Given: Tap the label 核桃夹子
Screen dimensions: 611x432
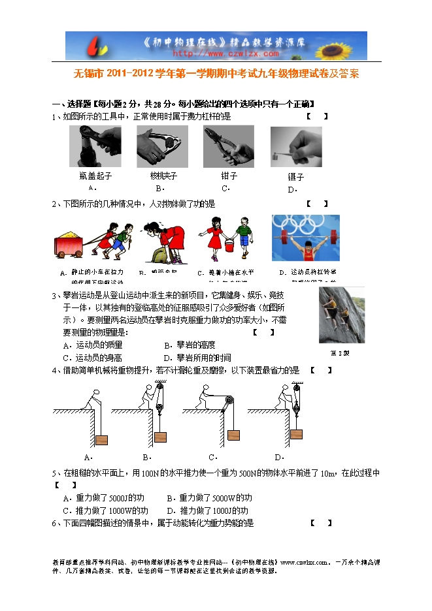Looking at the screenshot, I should tap(163, 176).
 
